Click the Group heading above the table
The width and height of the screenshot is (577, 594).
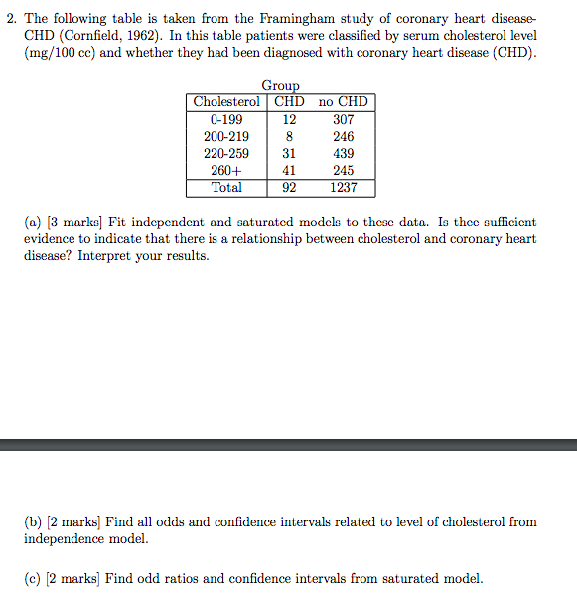tap(280, 87)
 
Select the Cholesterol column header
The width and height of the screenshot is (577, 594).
tap(226, 102)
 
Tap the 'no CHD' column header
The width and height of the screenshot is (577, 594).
tap(343, 102)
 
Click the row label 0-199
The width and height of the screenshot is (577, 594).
tap(226, 119)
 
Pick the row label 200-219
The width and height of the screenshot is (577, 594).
tap(226, 136)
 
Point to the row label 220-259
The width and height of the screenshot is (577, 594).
tap(226, 153)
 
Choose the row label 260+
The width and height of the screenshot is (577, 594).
tap(226, 170)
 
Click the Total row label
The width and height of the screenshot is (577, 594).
tap(226, 187)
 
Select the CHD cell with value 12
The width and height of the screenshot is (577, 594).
tap(289, 119)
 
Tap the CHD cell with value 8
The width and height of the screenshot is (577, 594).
tap(289, 136)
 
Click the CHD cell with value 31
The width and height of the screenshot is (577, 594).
tap(289, 153)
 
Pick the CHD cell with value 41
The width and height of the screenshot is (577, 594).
tap(289, 170)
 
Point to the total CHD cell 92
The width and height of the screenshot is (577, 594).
tap(289, 187)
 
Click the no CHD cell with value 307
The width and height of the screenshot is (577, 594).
tap(343, 119)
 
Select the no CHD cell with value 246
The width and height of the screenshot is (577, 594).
tap(343, 136)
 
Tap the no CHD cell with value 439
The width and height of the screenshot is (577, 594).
tap(343, 153)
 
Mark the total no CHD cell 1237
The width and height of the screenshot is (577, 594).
tap(343, 187)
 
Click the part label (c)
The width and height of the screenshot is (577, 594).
tap(34, 578)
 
